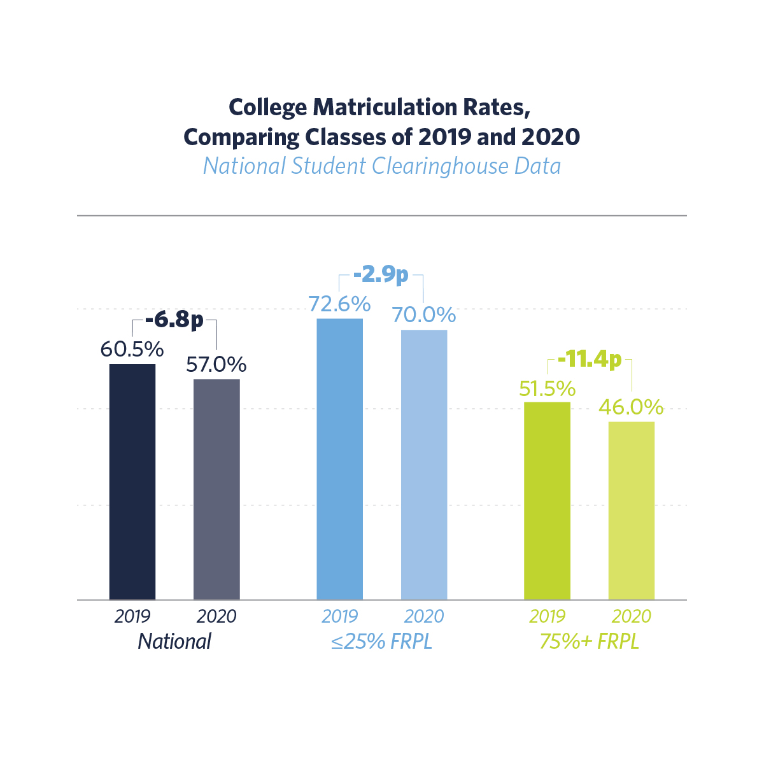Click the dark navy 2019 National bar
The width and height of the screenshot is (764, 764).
(x=132, y=481)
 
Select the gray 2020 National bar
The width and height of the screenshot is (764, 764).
(x=216, y=489)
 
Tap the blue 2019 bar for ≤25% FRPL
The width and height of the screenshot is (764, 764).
(x=340, y=458)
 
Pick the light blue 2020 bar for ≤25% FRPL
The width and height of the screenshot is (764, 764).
(x=424, y=465)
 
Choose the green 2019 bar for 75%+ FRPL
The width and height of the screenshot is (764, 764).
(x=547, y=500)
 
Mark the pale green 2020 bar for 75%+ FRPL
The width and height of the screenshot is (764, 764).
(x=632, y=511)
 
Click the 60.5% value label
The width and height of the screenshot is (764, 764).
(x=132, y=350)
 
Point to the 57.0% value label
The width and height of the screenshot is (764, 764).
(x=216, y=365)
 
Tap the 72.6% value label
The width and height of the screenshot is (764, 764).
(x=340, y=304)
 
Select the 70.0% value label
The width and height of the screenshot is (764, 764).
(x=424, y=315)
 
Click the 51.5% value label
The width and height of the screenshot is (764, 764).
(x=547, y=388)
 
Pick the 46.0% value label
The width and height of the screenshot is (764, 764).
(x=632, y=407)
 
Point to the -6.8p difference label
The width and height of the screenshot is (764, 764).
(x=174, y=320)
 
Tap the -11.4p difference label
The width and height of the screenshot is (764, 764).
(x=589, y=360)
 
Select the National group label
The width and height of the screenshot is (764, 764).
(x=174, y=641)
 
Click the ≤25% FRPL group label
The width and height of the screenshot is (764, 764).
(x=381, y=641)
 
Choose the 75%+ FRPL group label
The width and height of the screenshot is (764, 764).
(x=589, y=641)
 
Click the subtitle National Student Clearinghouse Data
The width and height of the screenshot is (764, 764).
(x=382, y=166)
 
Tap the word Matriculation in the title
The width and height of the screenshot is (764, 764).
(x=383, y=108)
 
